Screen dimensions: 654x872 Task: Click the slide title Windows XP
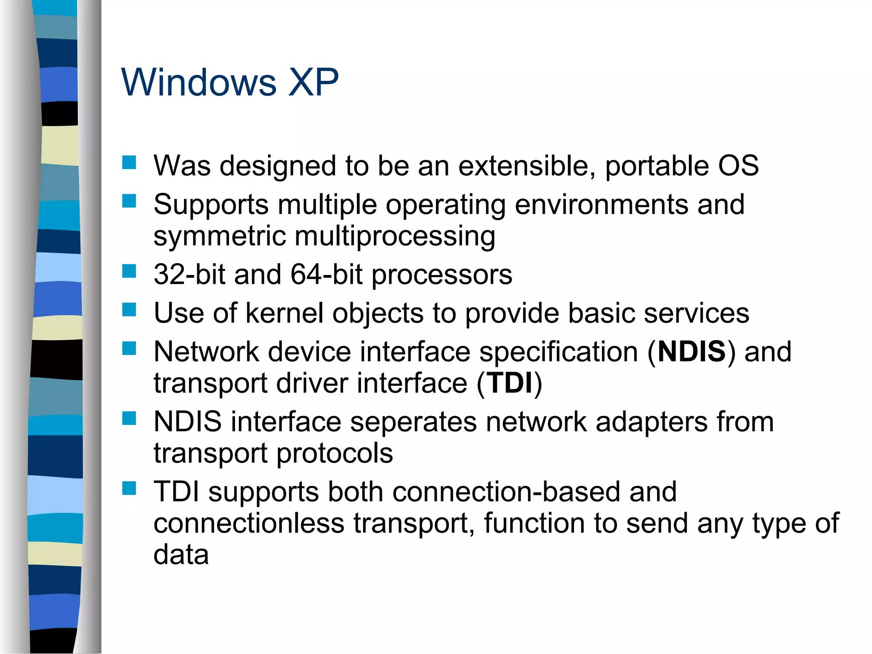(230, 82)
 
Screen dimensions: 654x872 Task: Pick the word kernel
(284, 313)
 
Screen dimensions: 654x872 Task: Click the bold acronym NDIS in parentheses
(691, 352)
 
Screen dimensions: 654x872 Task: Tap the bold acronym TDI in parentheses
(510, 383)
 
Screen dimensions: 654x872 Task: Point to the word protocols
(334, 453)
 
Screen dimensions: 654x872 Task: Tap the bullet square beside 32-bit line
(129, 271)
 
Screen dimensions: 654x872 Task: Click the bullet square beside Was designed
(129, 163)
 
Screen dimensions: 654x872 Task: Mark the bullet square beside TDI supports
(129, 488)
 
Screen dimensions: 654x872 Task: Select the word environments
(601, 205)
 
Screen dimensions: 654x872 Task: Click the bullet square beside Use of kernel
(129, 310)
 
